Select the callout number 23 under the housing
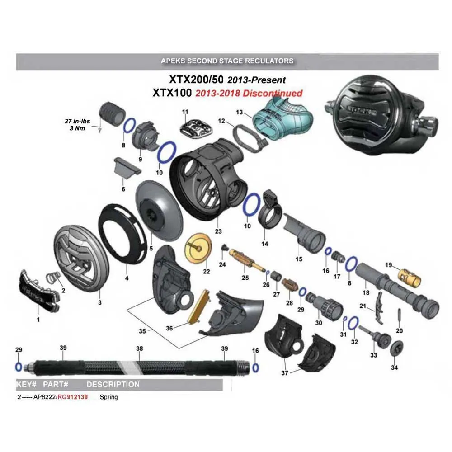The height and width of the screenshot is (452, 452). pos(218,231)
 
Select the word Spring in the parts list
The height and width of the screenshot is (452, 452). pos(108,397)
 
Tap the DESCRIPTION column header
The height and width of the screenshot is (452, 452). pos(113,385)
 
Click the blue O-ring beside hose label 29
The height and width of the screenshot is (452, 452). pos(19,366)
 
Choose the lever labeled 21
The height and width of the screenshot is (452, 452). pos(378,303)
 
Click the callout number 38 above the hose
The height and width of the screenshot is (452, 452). pos(140,348)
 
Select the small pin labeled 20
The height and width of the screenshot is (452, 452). pos(399,314)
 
